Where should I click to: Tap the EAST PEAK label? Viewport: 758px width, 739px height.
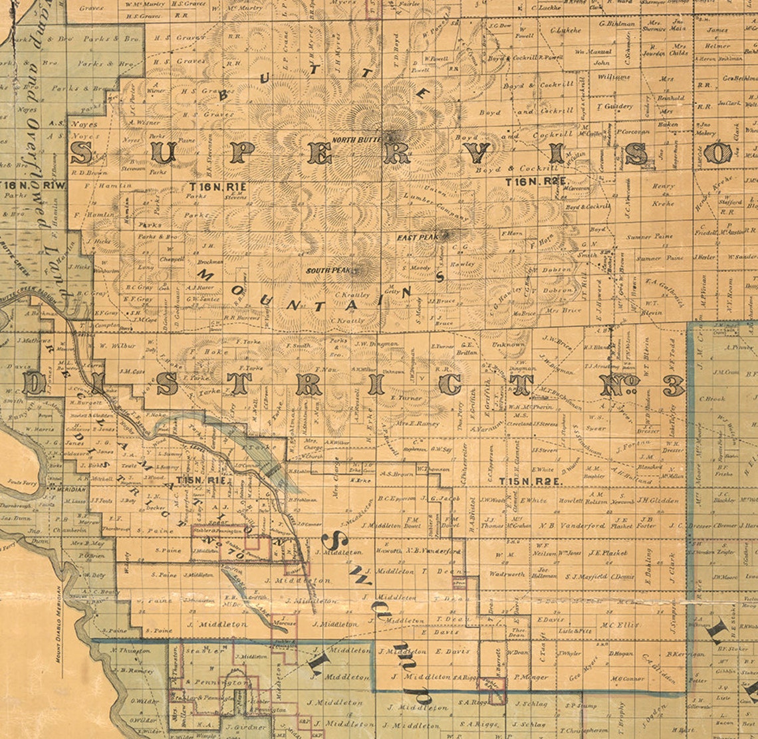[x=416, y=237]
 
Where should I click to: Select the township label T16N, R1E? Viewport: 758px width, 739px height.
[x=217, y=187]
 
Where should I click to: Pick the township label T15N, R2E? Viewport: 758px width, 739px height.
[x=523, y=480]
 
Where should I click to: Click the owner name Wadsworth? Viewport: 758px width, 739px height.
[x=507, y=574]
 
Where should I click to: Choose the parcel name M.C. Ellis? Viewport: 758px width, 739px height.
[x=620, y=625]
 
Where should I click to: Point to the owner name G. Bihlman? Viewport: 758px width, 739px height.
[x=616, y=23]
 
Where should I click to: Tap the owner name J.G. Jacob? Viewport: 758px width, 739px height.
[x=441, y=498]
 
